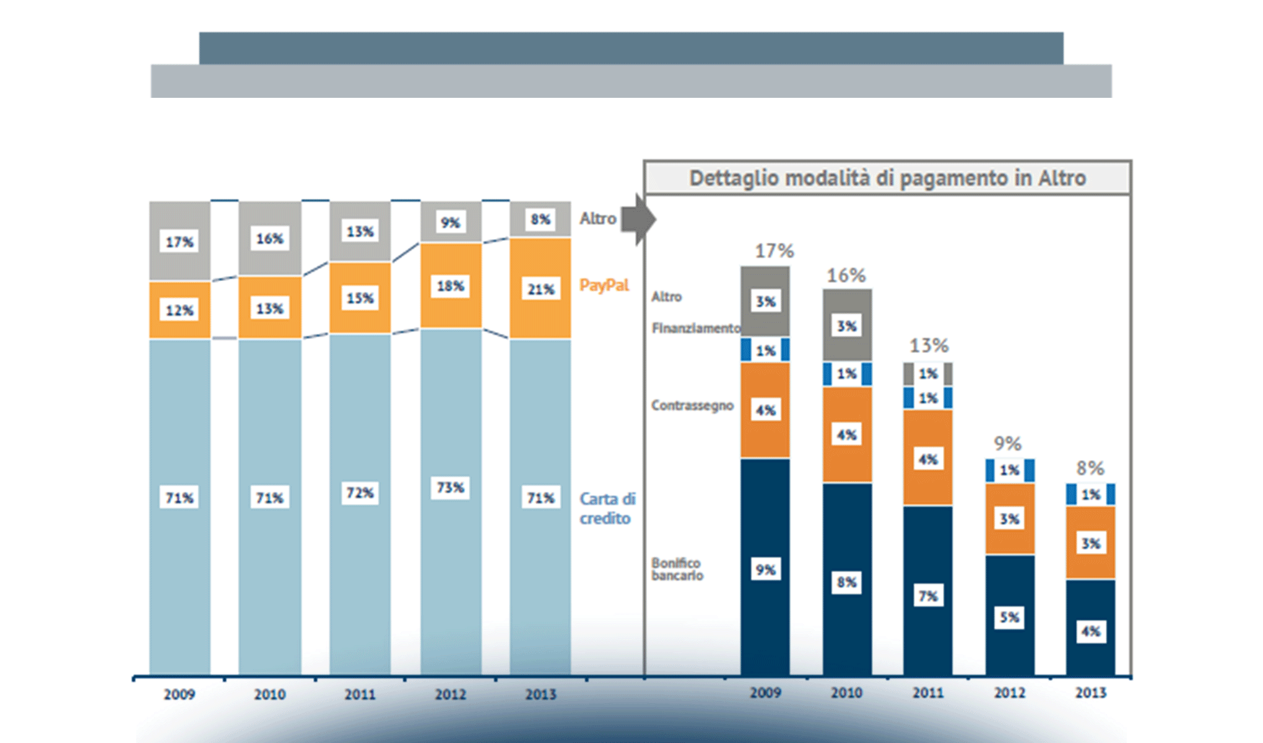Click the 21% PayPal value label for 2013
[540, 289]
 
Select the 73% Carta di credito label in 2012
[450, 487]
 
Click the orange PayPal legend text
[604, 285]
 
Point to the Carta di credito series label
[607, 508]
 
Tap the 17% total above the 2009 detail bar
[774, 251]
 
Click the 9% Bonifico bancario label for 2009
[765, 570]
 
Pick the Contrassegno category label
[692, 406]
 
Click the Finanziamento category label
[695, 328]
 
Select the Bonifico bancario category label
[677, 569]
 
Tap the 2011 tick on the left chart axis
[360, 694]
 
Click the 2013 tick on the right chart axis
[1090, 693]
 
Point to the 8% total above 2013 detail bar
[1090, 468]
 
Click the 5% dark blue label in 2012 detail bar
[1009, 617]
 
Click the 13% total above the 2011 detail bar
[929, 345]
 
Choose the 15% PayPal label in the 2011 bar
[360, 298]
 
